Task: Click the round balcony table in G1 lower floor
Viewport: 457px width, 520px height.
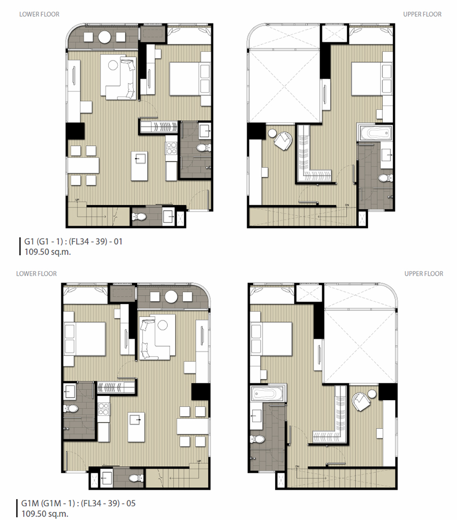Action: tap(105, 37)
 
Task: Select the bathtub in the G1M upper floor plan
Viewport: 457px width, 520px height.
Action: tap(267, 394)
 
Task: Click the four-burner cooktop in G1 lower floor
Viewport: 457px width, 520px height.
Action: tap(171, 148)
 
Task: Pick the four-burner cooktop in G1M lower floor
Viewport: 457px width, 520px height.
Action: tap(104, 409)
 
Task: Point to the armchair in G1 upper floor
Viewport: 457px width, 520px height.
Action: tap(283, 141)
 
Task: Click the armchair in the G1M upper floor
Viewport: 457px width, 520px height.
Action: tap(361, 401)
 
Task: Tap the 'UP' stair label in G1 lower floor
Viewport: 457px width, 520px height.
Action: tap(77, 200)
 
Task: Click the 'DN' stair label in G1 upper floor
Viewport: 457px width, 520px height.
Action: tap(347, 205)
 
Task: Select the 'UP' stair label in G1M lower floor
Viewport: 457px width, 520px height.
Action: tap(199, 461)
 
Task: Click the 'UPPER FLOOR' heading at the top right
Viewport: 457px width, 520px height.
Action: tap(422, 14)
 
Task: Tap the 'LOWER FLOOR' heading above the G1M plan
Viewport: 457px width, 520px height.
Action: tap(37, 274)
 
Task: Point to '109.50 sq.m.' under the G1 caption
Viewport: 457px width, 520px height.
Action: tap(48, 252)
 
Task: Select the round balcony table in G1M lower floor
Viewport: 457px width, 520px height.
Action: tap(171, 297)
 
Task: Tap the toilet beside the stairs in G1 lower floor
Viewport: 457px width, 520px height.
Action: tap(139, 217)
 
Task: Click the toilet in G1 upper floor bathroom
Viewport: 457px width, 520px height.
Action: tap(386, 178)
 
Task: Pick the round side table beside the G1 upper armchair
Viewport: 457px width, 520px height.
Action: tap(272, 133)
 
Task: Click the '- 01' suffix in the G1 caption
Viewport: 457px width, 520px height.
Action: tap(116, 241)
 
